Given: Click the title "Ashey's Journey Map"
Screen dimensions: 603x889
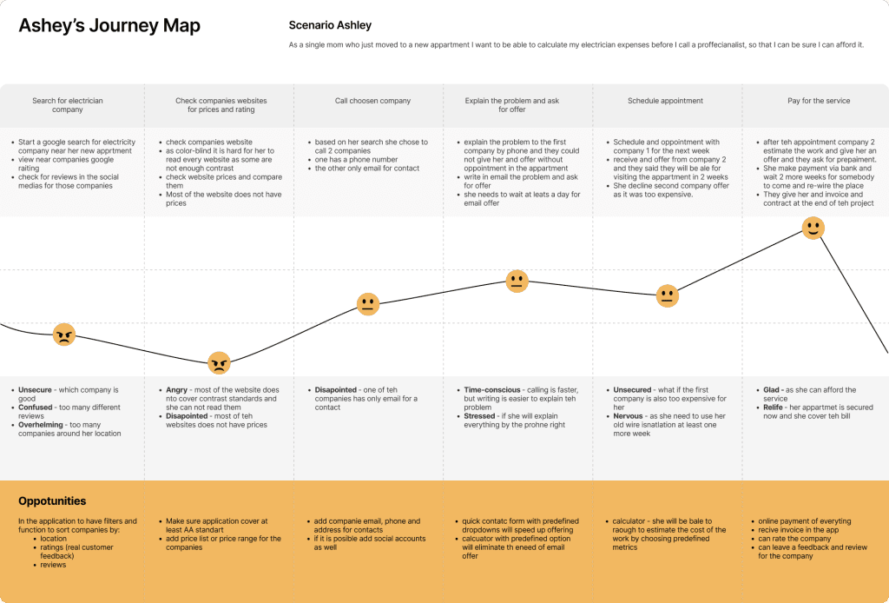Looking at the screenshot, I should pos(109,26).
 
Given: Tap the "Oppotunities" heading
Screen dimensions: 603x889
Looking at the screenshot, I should pos(52,501).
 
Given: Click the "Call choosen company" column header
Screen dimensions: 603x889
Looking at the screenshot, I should pos(372,101).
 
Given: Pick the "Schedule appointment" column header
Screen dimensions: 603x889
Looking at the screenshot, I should pos(665,101).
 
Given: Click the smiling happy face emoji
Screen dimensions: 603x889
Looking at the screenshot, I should pos(813,229).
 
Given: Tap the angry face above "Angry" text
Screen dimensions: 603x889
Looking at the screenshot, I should pos(219,362).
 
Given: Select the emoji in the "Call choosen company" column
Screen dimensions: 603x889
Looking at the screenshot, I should pos(368,304).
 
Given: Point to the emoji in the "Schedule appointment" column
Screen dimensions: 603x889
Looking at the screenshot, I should pos(667,295).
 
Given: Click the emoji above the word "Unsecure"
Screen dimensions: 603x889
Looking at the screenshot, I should pos(64,335).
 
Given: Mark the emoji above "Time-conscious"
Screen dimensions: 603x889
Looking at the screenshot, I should pos(517,281).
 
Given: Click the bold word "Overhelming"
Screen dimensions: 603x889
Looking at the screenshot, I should pos(43,425).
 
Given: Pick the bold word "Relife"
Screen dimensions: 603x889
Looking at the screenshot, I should pos(771,408).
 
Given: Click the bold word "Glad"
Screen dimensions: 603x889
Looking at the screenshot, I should pos(768,390).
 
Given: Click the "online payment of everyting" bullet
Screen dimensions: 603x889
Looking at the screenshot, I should pos(804,521).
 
